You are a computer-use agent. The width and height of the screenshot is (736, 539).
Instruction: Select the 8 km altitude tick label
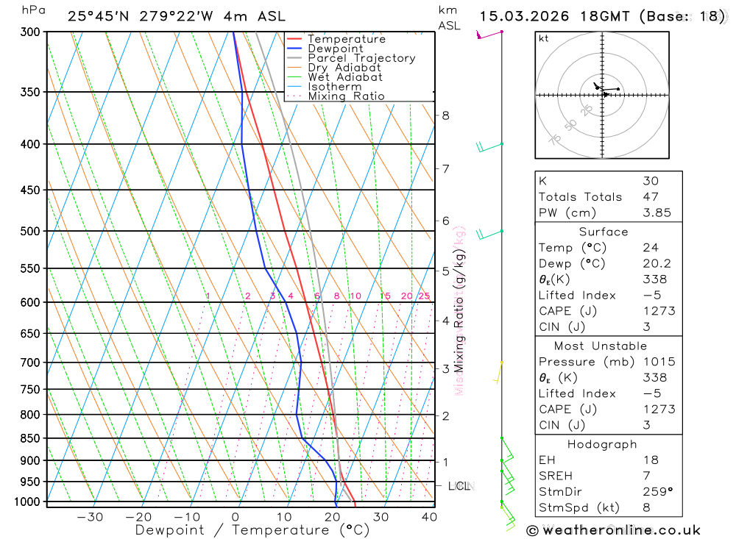(446, 115)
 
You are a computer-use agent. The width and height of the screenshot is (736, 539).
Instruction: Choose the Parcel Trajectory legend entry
(361, 58)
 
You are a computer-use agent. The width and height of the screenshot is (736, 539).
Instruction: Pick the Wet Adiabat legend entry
(345, 77)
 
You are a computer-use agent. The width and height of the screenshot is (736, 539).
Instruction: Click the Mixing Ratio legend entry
(346, 96)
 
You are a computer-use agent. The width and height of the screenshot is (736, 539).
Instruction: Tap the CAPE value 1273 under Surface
(658, 311)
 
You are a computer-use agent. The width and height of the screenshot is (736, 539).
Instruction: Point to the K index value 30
(650, 181)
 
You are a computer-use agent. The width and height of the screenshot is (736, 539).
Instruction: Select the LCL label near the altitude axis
(459, 486)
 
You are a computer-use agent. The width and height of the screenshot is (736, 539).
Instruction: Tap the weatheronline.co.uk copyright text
(614, 530)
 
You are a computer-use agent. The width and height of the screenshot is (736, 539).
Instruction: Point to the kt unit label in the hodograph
(544, 38)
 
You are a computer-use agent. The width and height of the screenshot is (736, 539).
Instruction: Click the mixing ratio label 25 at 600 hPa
(424, 296)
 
